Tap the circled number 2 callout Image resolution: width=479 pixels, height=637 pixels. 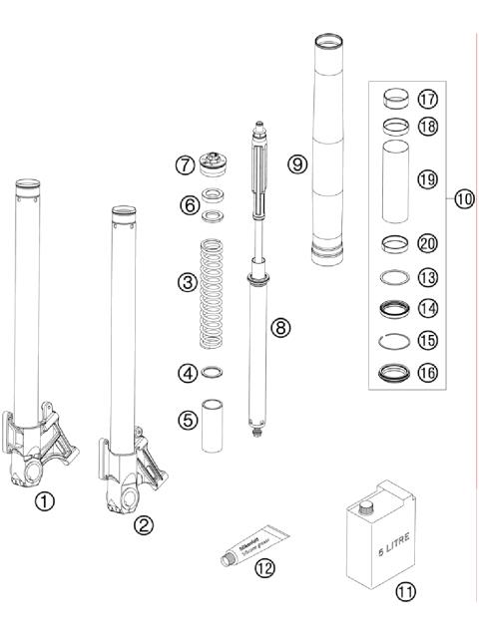click(144, 523)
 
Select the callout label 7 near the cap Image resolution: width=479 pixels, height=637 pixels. click(183, 163)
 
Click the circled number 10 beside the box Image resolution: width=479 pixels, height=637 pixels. click(463, 198)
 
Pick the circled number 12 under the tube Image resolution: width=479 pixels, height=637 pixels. click(264, 569)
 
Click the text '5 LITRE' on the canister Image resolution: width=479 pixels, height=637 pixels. click(382, 545)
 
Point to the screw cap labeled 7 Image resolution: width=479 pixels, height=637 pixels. click(213, 162)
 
